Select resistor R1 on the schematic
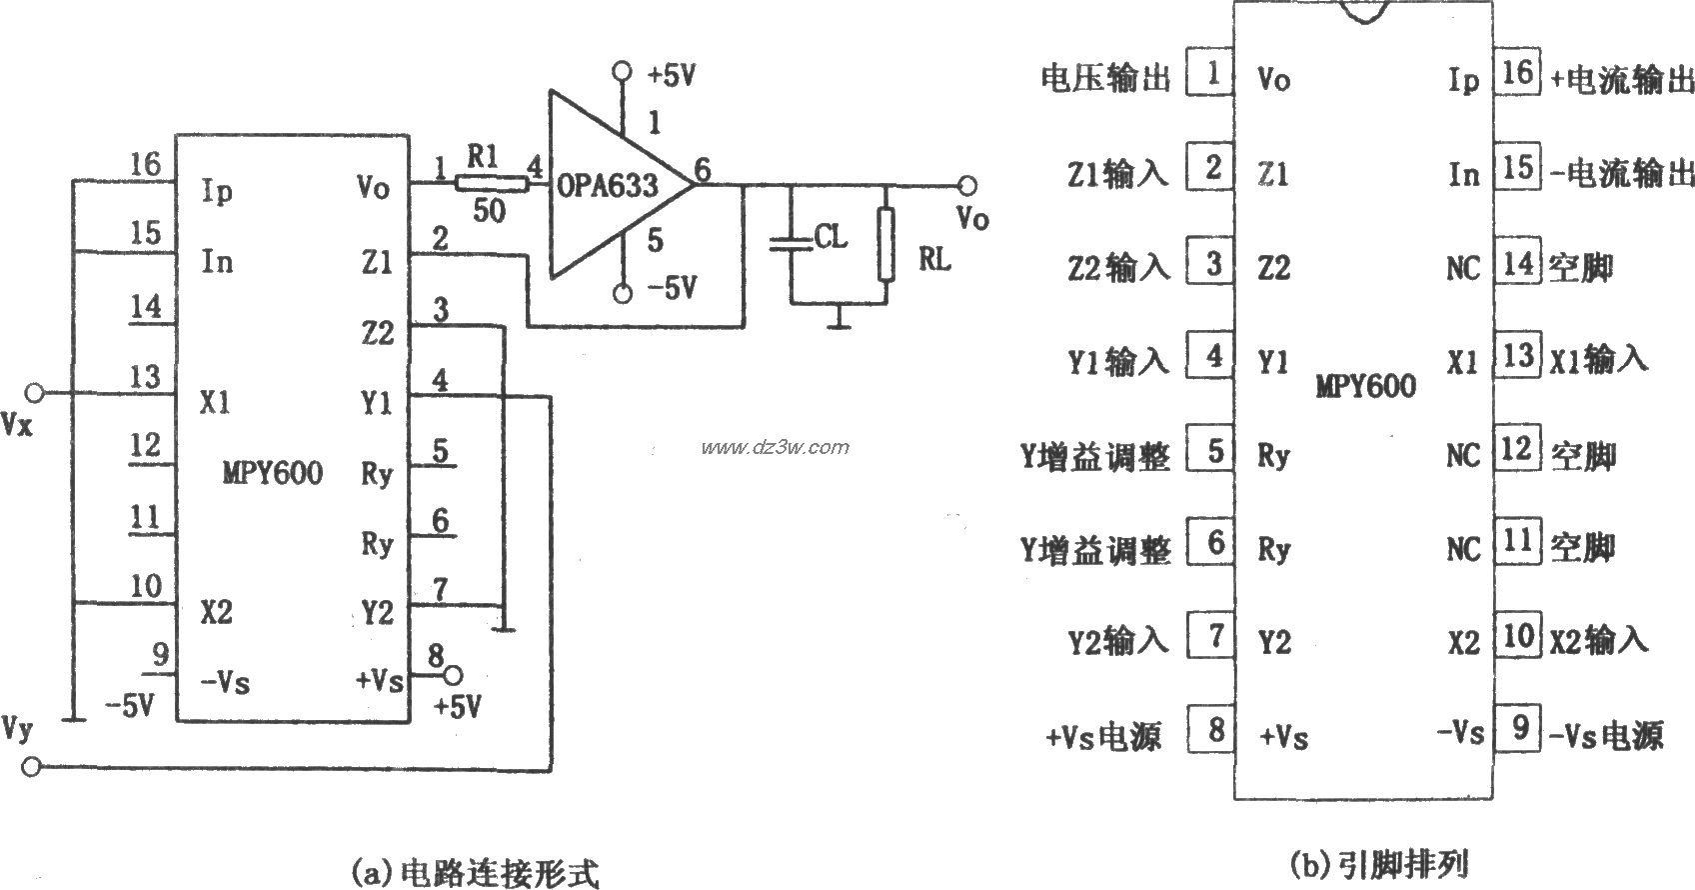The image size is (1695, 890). tap(491, 184)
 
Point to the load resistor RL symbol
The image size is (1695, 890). tap(885, 245)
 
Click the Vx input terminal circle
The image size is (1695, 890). tap(35, 392)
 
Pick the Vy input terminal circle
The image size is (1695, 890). tap(33, 767)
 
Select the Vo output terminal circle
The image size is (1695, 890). tap(965, 185)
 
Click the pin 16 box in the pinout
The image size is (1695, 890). tap(1516, 73)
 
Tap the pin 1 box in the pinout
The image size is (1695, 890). tap(1211, 73)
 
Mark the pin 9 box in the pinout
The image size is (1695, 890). tap(1518, 729)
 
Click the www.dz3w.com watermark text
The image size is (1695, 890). tap(775, 447)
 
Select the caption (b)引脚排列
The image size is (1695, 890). tap(1379, 862)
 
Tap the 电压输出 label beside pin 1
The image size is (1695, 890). tap(1105, 77)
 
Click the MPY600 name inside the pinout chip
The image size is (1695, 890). tap(1365, 387)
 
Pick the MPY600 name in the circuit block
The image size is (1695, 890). tap(272, 473)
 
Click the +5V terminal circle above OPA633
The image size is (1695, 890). tap(623, 71)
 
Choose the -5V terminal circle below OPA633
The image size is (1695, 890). tap(623, 293)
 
